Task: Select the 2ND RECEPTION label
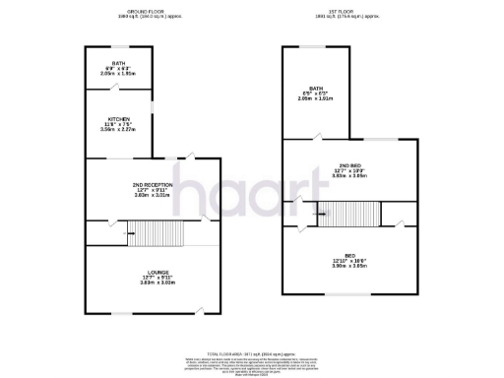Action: tap(153, 184)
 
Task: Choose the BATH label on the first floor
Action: tap(315, 89)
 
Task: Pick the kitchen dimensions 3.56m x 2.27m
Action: tap(118, 128)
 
